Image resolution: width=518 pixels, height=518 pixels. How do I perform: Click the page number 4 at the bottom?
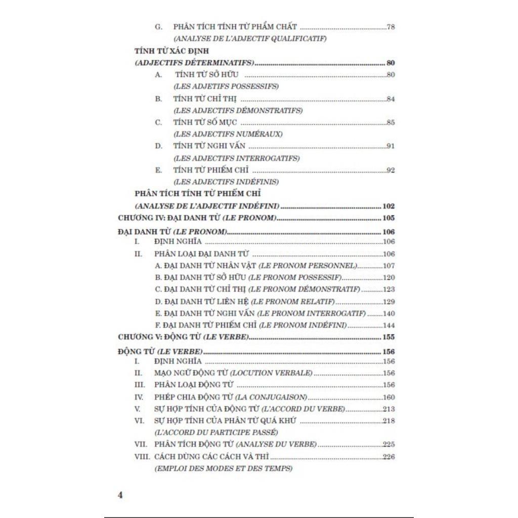120,495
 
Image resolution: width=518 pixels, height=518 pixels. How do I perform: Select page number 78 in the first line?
391,27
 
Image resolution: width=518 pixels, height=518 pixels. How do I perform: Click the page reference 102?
388,206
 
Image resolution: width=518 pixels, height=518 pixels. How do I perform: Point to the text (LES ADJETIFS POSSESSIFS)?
226,87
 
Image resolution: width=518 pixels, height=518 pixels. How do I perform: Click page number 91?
391,146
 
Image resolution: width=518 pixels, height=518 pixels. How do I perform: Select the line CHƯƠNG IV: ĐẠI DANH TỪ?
197,218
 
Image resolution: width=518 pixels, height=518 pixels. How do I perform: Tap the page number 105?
388,218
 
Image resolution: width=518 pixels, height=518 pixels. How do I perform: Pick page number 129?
388,301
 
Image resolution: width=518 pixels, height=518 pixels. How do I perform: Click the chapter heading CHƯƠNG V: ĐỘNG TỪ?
183,337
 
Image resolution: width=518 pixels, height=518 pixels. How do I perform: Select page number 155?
388,337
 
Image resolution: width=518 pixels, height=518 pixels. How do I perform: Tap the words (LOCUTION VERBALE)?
279,373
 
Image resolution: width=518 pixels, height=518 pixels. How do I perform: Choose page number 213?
388,409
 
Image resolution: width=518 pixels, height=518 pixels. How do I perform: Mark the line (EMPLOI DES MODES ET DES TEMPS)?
223,468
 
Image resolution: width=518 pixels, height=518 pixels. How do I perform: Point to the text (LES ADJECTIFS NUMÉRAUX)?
228,134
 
